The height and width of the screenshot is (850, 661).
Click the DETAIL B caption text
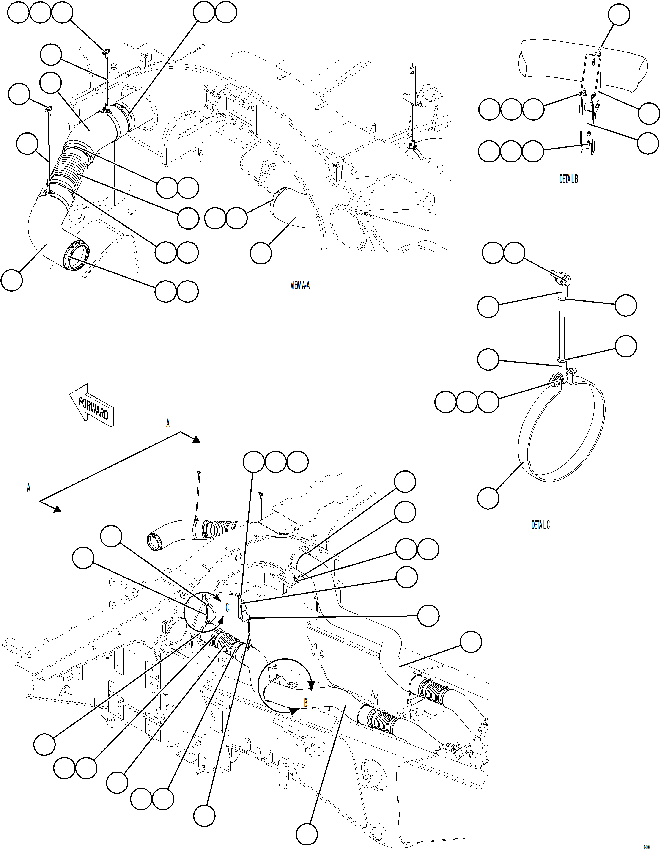pyautogui.click(x=568, y=179)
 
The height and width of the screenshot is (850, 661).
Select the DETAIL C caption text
pyautogui.click(x=540, y=525)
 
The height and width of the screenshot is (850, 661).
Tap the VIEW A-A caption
pyautogui.click(x=300, y=286)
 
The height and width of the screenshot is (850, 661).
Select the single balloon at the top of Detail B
pyautogui.click(x=619, y=15)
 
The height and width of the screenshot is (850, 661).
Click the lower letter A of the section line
pyautogui.click(x=28, y=488)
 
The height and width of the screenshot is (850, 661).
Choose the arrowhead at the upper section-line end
pyautogui.click(x=196, y=439)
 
